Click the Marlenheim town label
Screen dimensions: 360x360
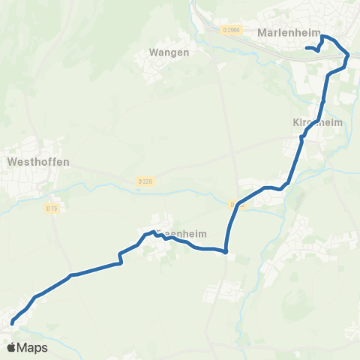(289, 33)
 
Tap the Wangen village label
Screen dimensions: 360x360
(169, 52)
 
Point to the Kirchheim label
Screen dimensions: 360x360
(317, 122)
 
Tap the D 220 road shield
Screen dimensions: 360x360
(145, 181)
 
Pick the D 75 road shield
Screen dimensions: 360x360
(52, 208)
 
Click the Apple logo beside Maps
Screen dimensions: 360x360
(11, 347)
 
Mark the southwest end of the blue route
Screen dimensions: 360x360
(12, 323)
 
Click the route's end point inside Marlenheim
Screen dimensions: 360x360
(307, 49)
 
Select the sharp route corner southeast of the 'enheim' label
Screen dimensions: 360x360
(226, 251)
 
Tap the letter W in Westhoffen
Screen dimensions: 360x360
(10, 160)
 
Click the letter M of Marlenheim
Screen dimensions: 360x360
(262, 33)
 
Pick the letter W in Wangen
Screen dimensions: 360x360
(153, 52)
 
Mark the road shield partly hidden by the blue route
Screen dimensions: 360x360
(235, 203)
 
